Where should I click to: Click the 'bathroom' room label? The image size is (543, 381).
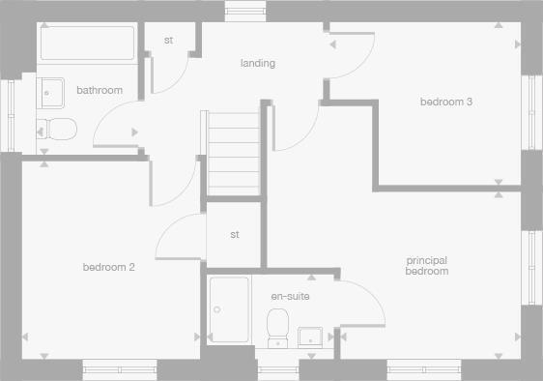[x=100, y=91]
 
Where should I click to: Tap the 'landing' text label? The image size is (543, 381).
[x=258, y=64]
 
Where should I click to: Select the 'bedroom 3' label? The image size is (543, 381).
[x=445, y=102]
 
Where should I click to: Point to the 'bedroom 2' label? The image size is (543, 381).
[x=108, y=267]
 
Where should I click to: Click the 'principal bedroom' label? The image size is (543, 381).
[x=427, y=266]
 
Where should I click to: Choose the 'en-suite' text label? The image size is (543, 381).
[x=290, y=296]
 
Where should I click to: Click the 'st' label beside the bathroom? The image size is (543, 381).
[x=168, y=41]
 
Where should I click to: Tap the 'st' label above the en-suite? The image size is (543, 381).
[x=235, y=235]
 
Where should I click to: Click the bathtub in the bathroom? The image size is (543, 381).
[x=87, y=44]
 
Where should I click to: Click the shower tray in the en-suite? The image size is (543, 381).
[x=228, y=309]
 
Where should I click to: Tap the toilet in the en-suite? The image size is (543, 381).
[x=279, y=327]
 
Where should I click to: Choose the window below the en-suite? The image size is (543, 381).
[x=278, y=369]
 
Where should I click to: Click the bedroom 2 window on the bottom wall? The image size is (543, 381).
[x=118, y=369]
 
